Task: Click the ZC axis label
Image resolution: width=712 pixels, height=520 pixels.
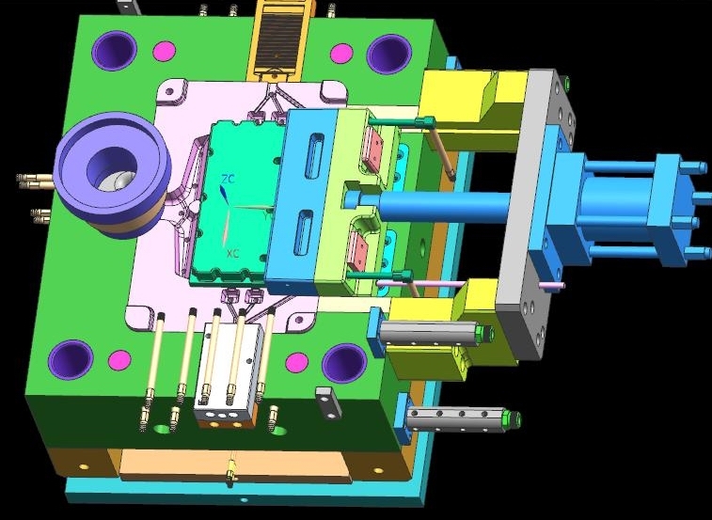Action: [x=228, y=179]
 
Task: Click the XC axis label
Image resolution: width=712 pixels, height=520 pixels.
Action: [x=233, y=254]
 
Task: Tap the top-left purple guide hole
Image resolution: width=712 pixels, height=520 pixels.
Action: [x=114, y=51]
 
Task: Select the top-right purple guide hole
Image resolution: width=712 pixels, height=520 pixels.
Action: [x=389, y=55]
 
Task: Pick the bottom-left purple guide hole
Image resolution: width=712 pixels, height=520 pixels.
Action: [x=71, y=359]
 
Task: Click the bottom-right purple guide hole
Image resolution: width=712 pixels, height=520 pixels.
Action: [x=344, y=363]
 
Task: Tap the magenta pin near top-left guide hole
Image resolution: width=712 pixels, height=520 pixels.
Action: [x=165, y=51]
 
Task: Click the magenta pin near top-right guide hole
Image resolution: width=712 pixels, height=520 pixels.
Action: [x=341, y=54]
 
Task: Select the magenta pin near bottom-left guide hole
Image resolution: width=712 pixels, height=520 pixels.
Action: [x=119, y=360]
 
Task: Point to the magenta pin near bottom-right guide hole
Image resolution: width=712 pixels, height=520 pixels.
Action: [x=297, y=362]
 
